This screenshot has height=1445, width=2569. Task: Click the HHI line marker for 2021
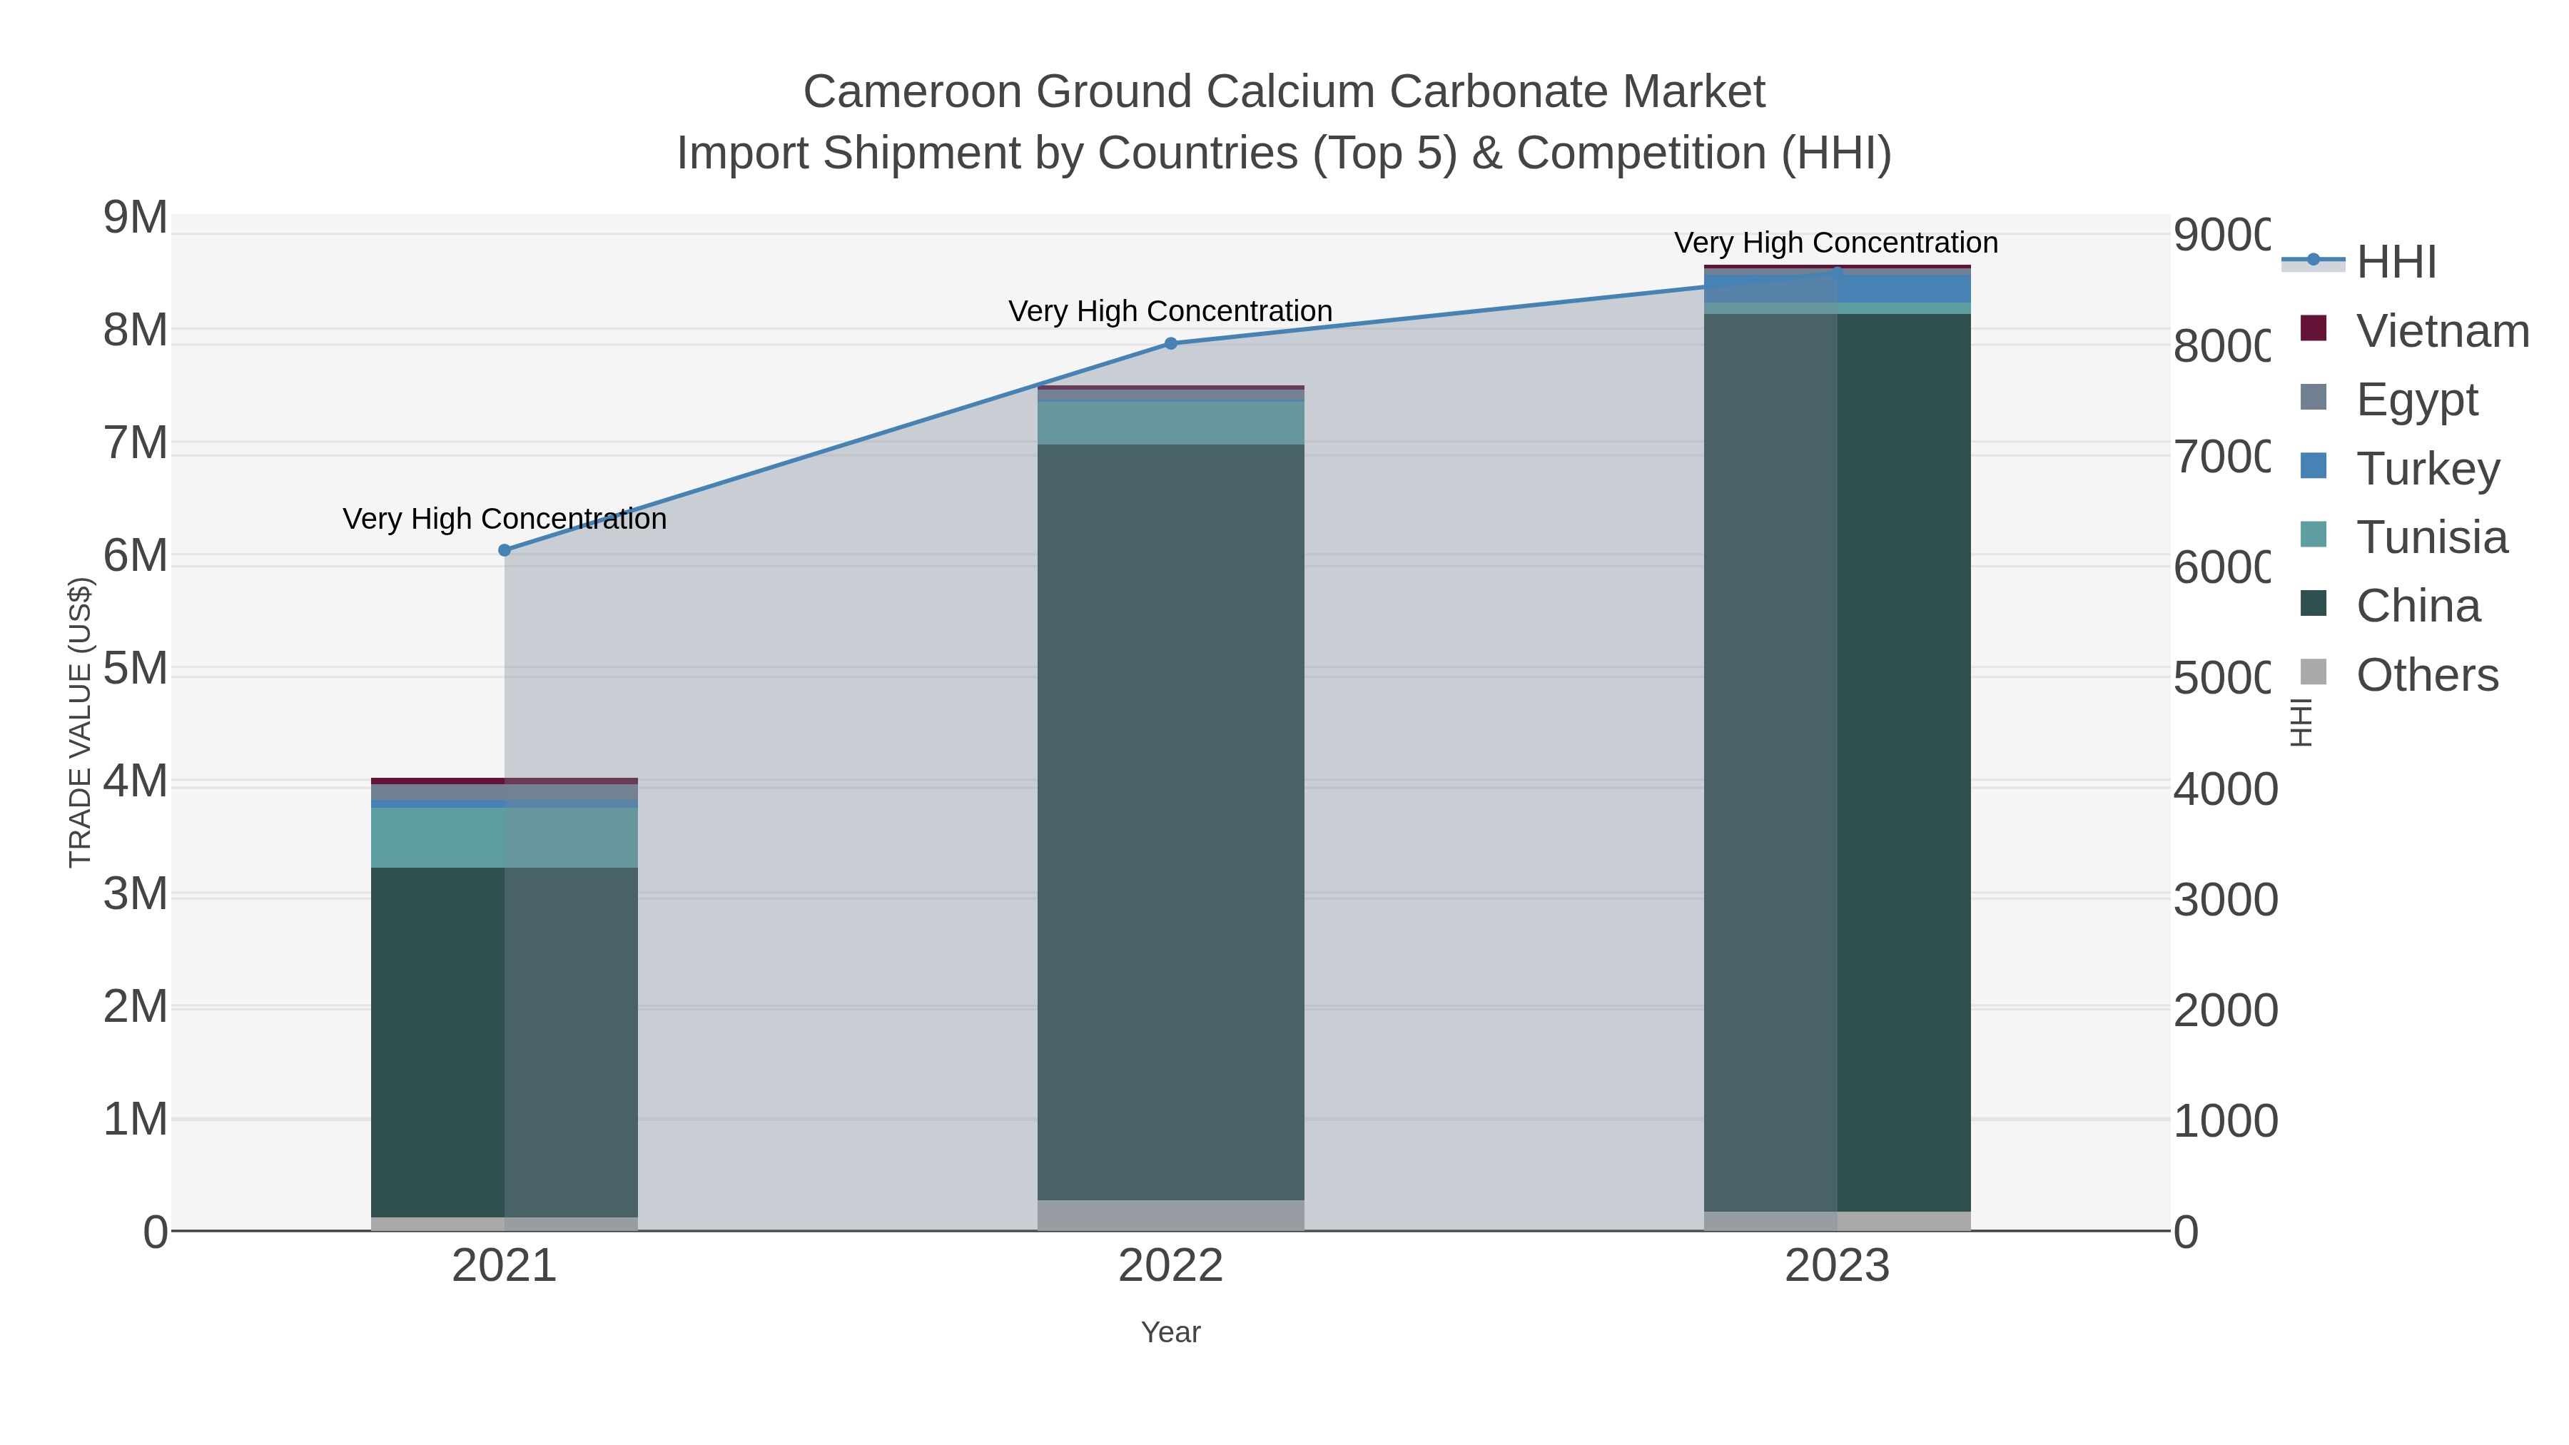[505, 550]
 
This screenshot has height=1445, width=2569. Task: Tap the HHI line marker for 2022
[1171, 344]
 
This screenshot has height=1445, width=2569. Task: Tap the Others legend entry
[2426, 675]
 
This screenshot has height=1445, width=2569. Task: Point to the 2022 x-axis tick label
[1171, 1267]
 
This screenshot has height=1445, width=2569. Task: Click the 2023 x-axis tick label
[1837, 1267]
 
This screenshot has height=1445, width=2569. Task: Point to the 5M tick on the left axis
[136, 669]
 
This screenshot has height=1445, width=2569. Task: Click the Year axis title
[1171, 1332]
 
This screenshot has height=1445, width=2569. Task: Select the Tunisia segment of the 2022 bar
[1171, 423]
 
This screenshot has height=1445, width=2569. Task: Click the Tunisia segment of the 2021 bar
[505, 838]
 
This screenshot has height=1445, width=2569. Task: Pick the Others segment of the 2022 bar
[1171, 1216]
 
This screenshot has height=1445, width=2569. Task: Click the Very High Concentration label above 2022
[1171, 311]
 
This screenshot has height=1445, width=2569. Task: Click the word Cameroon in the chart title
[913, 92]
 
